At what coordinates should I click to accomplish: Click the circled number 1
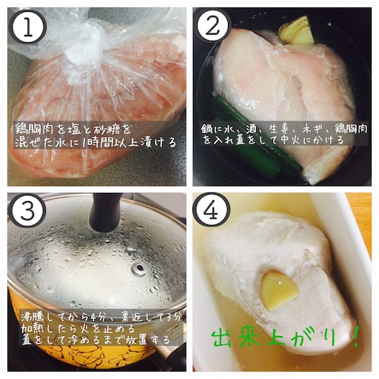pos(28,29)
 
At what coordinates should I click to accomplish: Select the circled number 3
pos(28,212)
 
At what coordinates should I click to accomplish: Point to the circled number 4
pos(212,212)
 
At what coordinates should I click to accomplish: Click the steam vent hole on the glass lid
pos(139,268)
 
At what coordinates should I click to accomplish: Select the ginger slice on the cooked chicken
pos(280,290)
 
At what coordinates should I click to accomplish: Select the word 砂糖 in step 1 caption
pos(107,130)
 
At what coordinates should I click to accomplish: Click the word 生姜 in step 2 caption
pos(280,129)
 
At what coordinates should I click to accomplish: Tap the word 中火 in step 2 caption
pos(286,141)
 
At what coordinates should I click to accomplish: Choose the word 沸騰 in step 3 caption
pos(33,318)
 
